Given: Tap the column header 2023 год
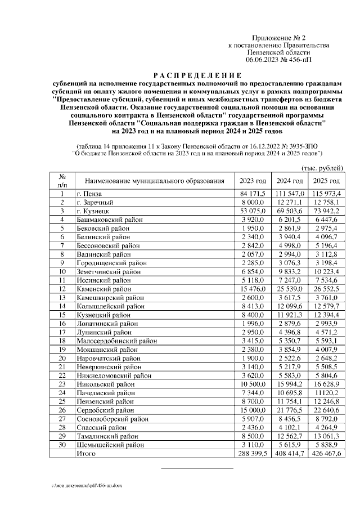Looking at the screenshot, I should click(253, 181).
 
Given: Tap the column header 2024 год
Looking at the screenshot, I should click(290, 181).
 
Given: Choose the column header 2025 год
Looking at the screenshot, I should click(326, 181).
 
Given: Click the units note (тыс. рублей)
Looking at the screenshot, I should click(322, 168).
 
